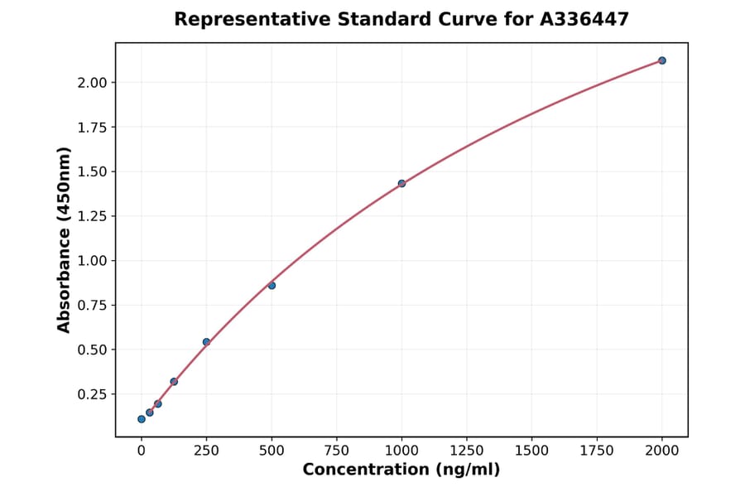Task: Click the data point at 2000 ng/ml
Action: click(662, 60)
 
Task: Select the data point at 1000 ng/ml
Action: click(401, 184)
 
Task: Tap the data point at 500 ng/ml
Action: click(272, 286)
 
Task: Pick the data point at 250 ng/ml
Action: click(206, 342)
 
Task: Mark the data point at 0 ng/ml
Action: click(142, 419)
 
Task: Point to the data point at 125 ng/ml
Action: click(174, 382)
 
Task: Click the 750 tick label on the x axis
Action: click(337, 451)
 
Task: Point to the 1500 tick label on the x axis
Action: click(531, 451)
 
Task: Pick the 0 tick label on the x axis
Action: click(142, 451)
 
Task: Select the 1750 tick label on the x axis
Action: click(597, 451)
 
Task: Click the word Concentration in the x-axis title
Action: click(366, 470)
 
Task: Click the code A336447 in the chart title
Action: click(584, 19)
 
